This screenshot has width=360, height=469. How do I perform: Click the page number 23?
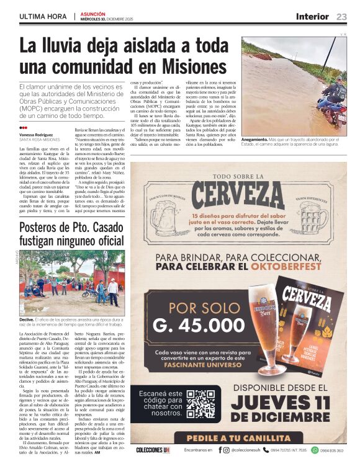[342, 17]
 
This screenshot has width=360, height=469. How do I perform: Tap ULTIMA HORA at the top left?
[43, 17]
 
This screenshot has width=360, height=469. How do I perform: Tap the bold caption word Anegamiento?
[255, 140]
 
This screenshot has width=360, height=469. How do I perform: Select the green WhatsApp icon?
[316, 450]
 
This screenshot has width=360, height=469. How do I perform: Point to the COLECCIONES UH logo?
[153, 450]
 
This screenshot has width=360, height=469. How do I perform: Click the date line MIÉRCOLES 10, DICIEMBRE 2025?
[107, 19]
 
